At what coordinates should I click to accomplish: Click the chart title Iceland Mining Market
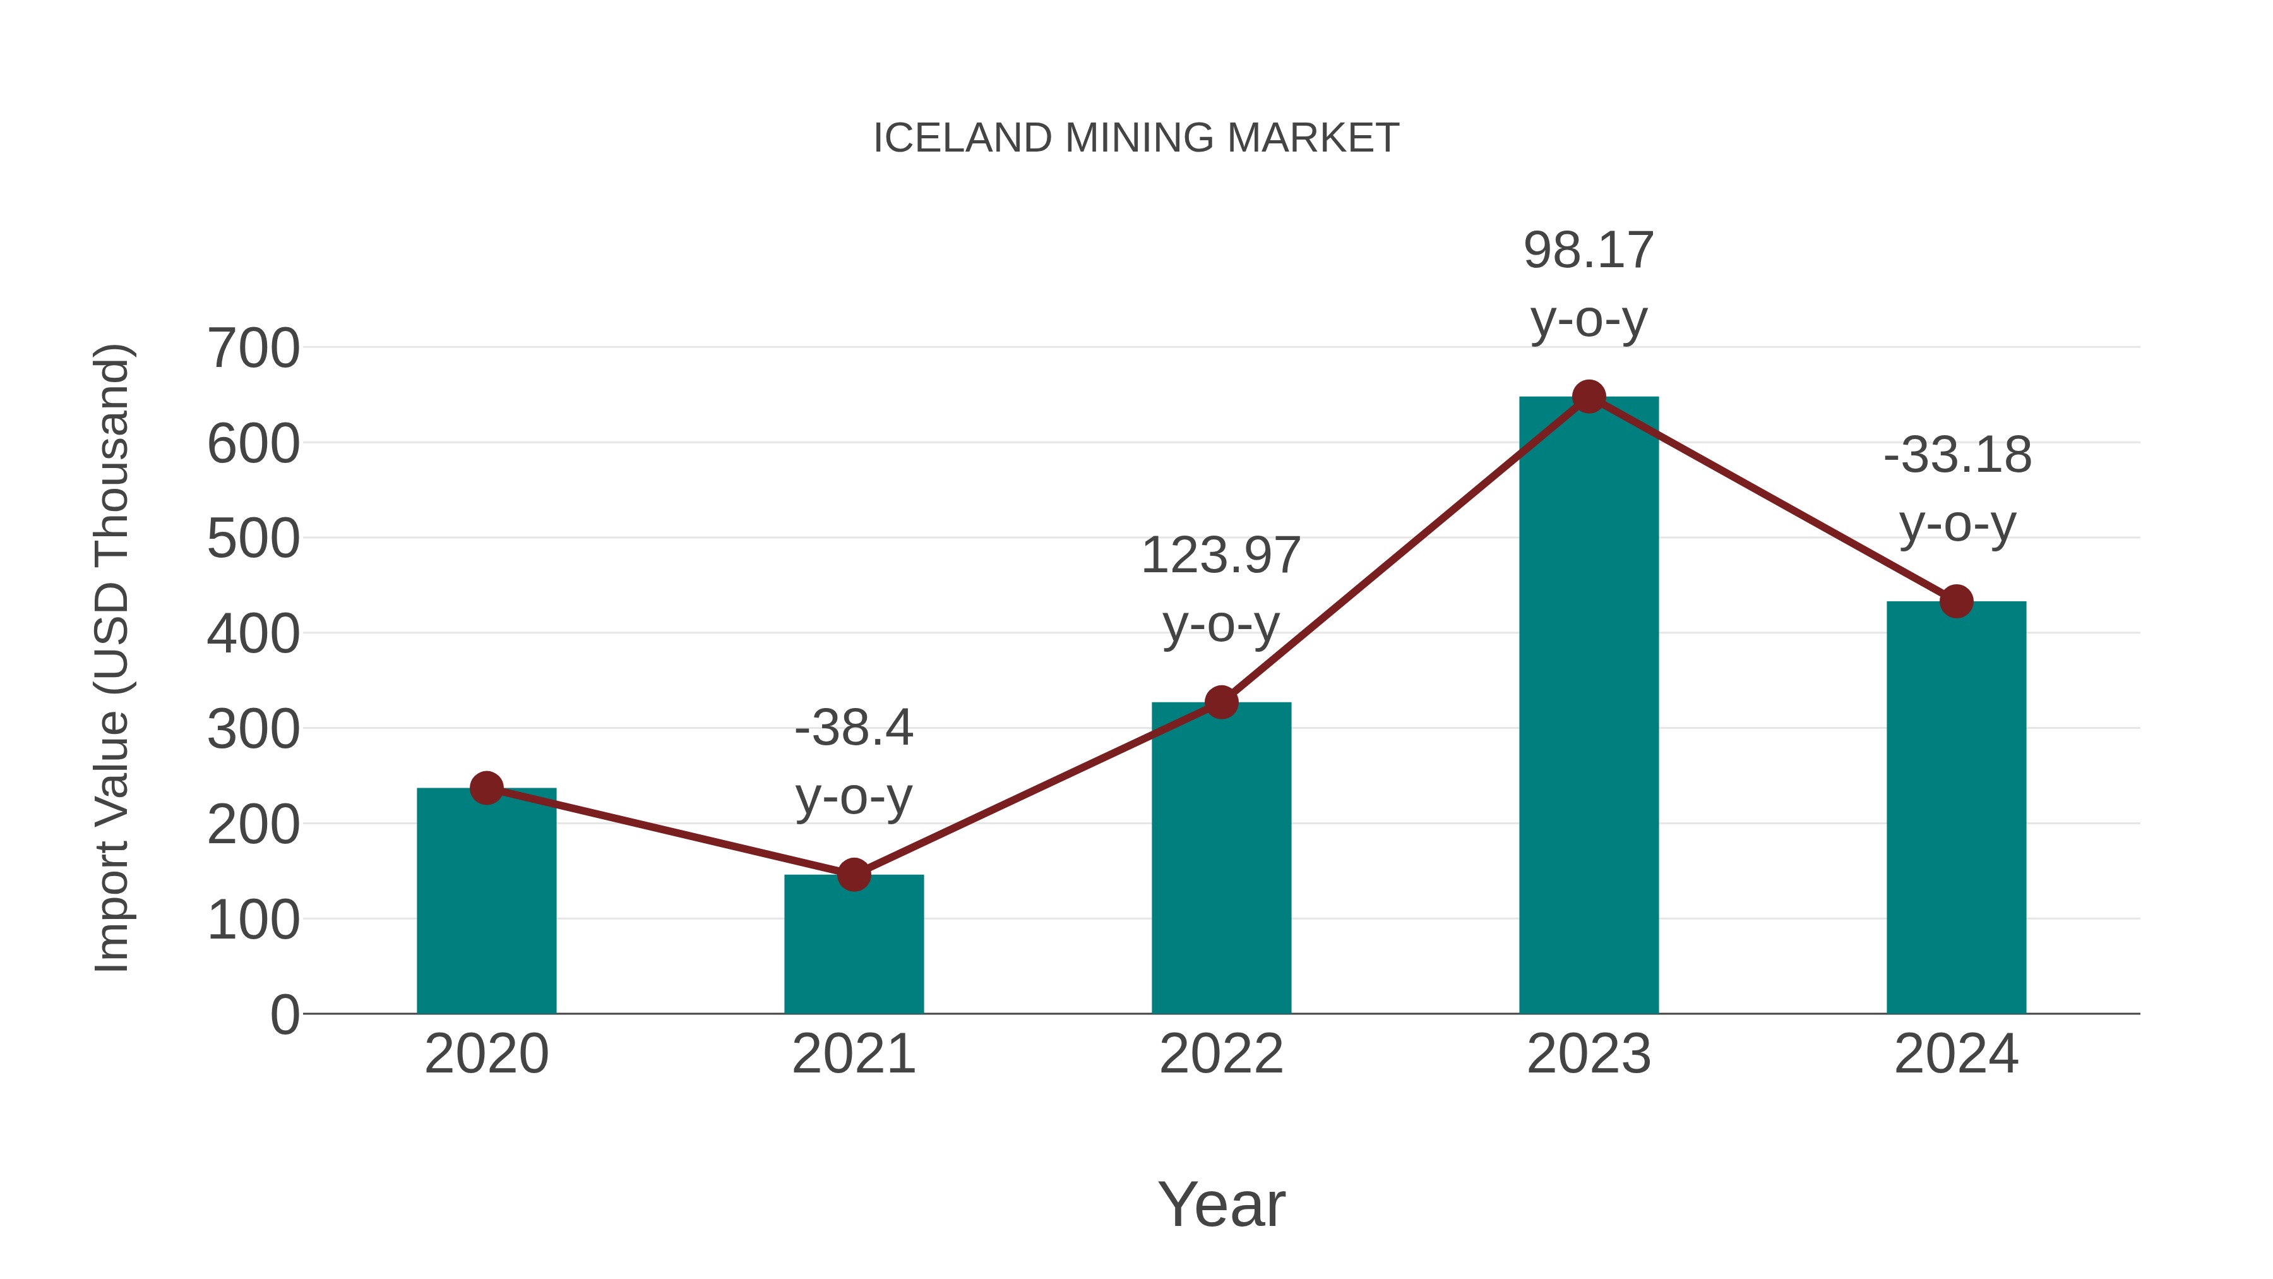point(1136,138)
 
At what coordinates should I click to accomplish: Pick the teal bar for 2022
point(1221,861)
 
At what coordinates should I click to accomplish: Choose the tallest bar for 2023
point(1589,706)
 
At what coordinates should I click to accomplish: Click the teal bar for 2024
point(1956,808)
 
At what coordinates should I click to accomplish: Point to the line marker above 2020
point(486,788)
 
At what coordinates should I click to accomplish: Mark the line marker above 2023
point(1589,397)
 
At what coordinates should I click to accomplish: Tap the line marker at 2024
point(1956,601)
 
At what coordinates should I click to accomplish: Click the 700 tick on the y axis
point(253,349)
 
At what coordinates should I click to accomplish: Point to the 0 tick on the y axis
point(284,1015)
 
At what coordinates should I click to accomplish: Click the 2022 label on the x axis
point(1221,1054)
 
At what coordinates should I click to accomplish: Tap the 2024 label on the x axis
point(1956,1054)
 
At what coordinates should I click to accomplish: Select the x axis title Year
point(1221,1205)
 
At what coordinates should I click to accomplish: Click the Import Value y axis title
point(113,658)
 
